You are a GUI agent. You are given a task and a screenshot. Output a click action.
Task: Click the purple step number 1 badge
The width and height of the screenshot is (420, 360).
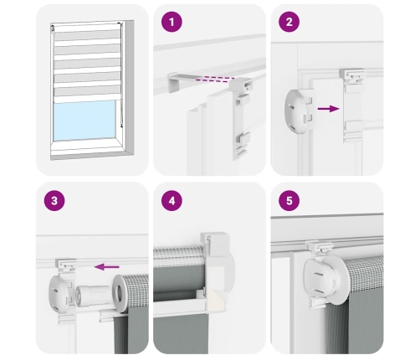(x=172, y=22)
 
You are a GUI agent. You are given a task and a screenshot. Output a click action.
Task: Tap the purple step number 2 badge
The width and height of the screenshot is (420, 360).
(x=289, y=22)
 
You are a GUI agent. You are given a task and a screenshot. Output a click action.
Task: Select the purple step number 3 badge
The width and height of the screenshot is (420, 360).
(x=54, y=200)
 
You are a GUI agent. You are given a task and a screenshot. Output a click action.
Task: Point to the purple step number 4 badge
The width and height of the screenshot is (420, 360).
(x=172, y=200)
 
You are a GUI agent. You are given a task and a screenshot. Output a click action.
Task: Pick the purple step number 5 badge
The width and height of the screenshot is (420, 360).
(x=289, y=200)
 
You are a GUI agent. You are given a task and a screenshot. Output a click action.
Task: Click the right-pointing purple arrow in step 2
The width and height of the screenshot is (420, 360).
(x=329, y=109)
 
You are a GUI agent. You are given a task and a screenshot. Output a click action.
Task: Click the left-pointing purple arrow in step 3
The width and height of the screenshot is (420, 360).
(x=106, y=267)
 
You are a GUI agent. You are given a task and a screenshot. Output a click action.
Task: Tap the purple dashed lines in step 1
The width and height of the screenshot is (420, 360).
(x=215, y=80)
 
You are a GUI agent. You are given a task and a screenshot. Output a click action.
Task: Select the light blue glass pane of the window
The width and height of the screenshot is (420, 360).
(x=85, y=121)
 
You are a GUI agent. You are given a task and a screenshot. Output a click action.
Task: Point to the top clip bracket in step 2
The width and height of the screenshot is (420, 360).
(x=352, y=75)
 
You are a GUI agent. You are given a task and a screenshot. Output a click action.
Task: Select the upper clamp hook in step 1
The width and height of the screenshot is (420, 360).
(x=242, y=84)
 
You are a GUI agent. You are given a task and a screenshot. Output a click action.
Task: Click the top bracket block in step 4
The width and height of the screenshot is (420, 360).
(x=218, y=244)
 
